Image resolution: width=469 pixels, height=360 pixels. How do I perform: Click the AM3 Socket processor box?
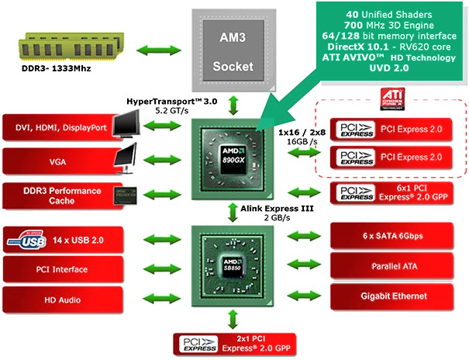click(x=233, y=50)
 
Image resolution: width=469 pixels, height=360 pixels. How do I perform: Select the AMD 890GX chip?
click(x=233, y=159)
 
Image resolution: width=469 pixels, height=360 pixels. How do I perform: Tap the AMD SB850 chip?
click(x=233, y=266)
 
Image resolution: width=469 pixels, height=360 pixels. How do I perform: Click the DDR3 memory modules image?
click(x=71, y=47)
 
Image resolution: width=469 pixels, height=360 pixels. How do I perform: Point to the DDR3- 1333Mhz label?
click(x=57, y=68)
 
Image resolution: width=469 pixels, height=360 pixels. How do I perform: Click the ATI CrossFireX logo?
click(x=392, y=99)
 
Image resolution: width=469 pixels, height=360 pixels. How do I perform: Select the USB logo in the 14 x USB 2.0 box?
click(x=27, y=240)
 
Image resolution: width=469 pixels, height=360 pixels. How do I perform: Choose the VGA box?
click(x=63, y=161)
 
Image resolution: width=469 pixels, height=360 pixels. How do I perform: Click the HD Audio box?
click(x=63, y=299)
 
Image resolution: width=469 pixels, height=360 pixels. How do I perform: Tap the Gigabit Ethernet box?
click(x=391, y=296)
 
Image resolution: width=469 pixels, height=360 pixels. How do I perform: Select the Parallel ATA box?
click(x=391, y=266)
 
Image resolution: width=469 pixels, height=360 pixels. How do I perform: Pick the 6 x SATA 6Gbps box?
click(x=391, y=236)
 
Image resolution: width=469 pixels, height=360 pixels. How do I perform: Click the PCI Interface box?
click(x=63, y=269)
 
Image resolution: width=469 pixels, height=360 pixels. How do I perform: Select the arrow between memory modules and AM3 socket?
click(x=159, y=50)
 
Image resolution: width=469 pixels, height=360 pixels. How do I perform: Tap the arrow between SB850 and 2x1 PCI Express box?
click(x=233, y=320)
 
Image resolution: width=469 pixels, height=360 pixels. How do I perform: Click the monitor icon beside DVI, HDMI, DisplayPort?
click(x=127, y=124)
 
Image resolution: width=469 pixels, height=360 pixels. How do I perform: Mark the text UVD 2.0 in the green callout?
click(x=389, y=68)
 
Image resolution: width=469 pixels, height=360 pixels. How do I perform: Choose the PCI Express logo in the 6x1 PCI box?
click(x=356, y=193)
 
